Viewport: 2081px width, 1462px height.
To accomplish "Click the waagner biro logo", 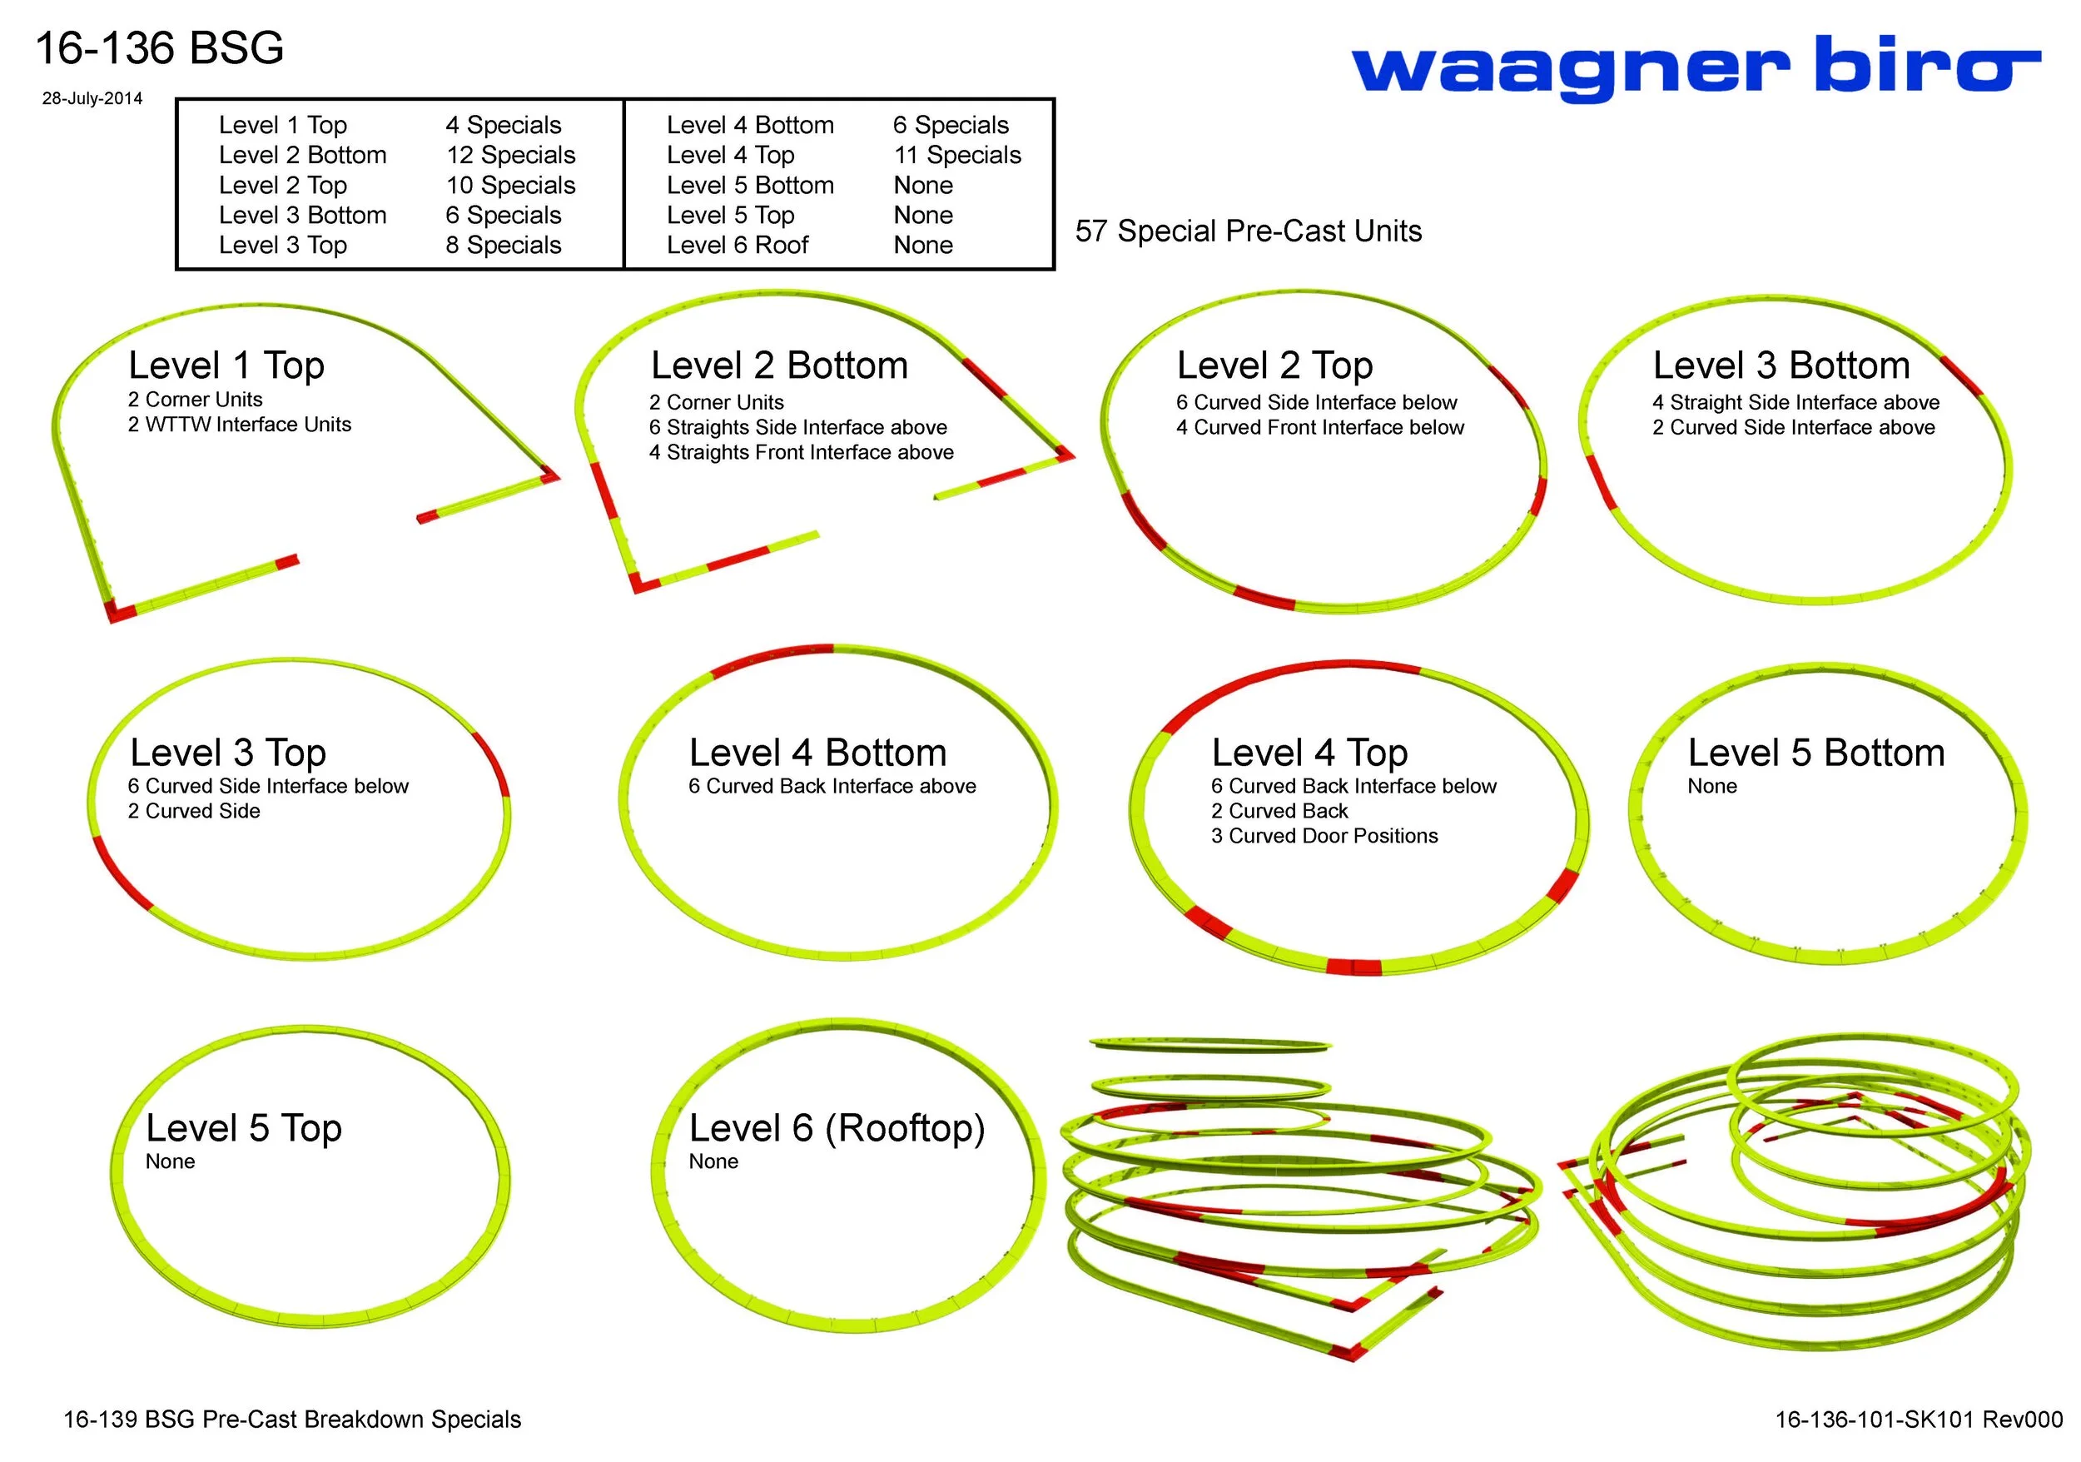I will pyautogui.click(x=1695, y=68).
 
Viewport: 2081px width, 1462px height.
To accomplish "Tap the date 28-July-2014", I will pyautogui.click(x=92, y=99).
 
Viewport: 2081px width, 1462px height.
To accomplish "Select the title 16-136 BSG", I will pyautogui.click(x=160, y=48).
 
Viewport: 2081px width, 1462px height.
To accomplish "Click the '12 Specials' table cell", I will pyautogui.click(x=510, y=155).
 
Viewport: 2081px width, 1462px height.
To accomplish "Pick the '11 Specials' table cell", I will pyautogui.click(x=957, y=155).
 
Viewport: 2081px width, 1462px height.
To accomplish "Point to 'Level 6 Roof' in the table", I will pyautogui.click(x=737, y=245).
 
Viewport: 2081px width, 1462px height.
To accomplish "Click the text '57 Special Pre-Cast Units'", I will pyautogui.click(x=1248, y=231).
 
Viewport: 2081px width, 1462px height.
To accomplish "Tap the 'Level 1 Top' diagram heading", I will pyautogui.click(x=226, y=365).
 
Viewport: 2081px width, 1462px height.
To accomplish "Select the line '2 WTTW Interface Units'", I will pyautogui.click(x=239, y=424).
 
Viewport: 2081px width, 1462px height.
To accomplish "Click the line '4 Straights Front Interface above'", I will pyautogui.click(x=802, y=452).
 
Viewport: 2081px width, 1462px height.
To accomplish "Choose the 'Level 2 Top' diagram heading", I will pyautogui.click(x=1274, y=365).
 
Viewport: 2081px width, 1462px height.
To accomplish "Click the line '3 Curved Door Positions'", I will pyautogui.click(x=1324, y=836).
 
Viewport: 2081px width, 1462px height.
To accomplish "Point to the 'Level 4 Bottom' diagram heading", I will pyautogui.click(x=817, y=753).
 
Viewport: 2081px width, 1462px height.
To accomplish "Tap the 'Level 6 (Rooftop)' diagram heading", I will pyautogui.click(x=837, y=1127).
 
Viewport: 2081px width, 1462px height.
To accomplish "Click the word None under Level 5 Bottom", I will pyautogui.click(x=1712, y=786).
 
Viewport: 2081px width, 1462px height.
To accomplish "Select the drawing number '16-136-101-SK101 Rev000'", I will pyautogui.click(x=1918, y=1420).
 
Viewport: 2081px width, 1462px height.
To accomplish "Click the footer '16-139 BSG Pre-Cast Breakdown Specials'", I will pyautogui.click(x=292, y=1420).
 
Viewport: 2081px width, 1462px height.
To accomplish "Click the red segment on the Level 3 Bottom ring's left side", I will pyautogui.click(x=1602, y=481).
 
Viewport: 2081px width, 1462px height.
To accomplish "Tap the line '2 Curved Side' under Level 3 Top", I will pyautogui.click(x=194, y=811).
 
